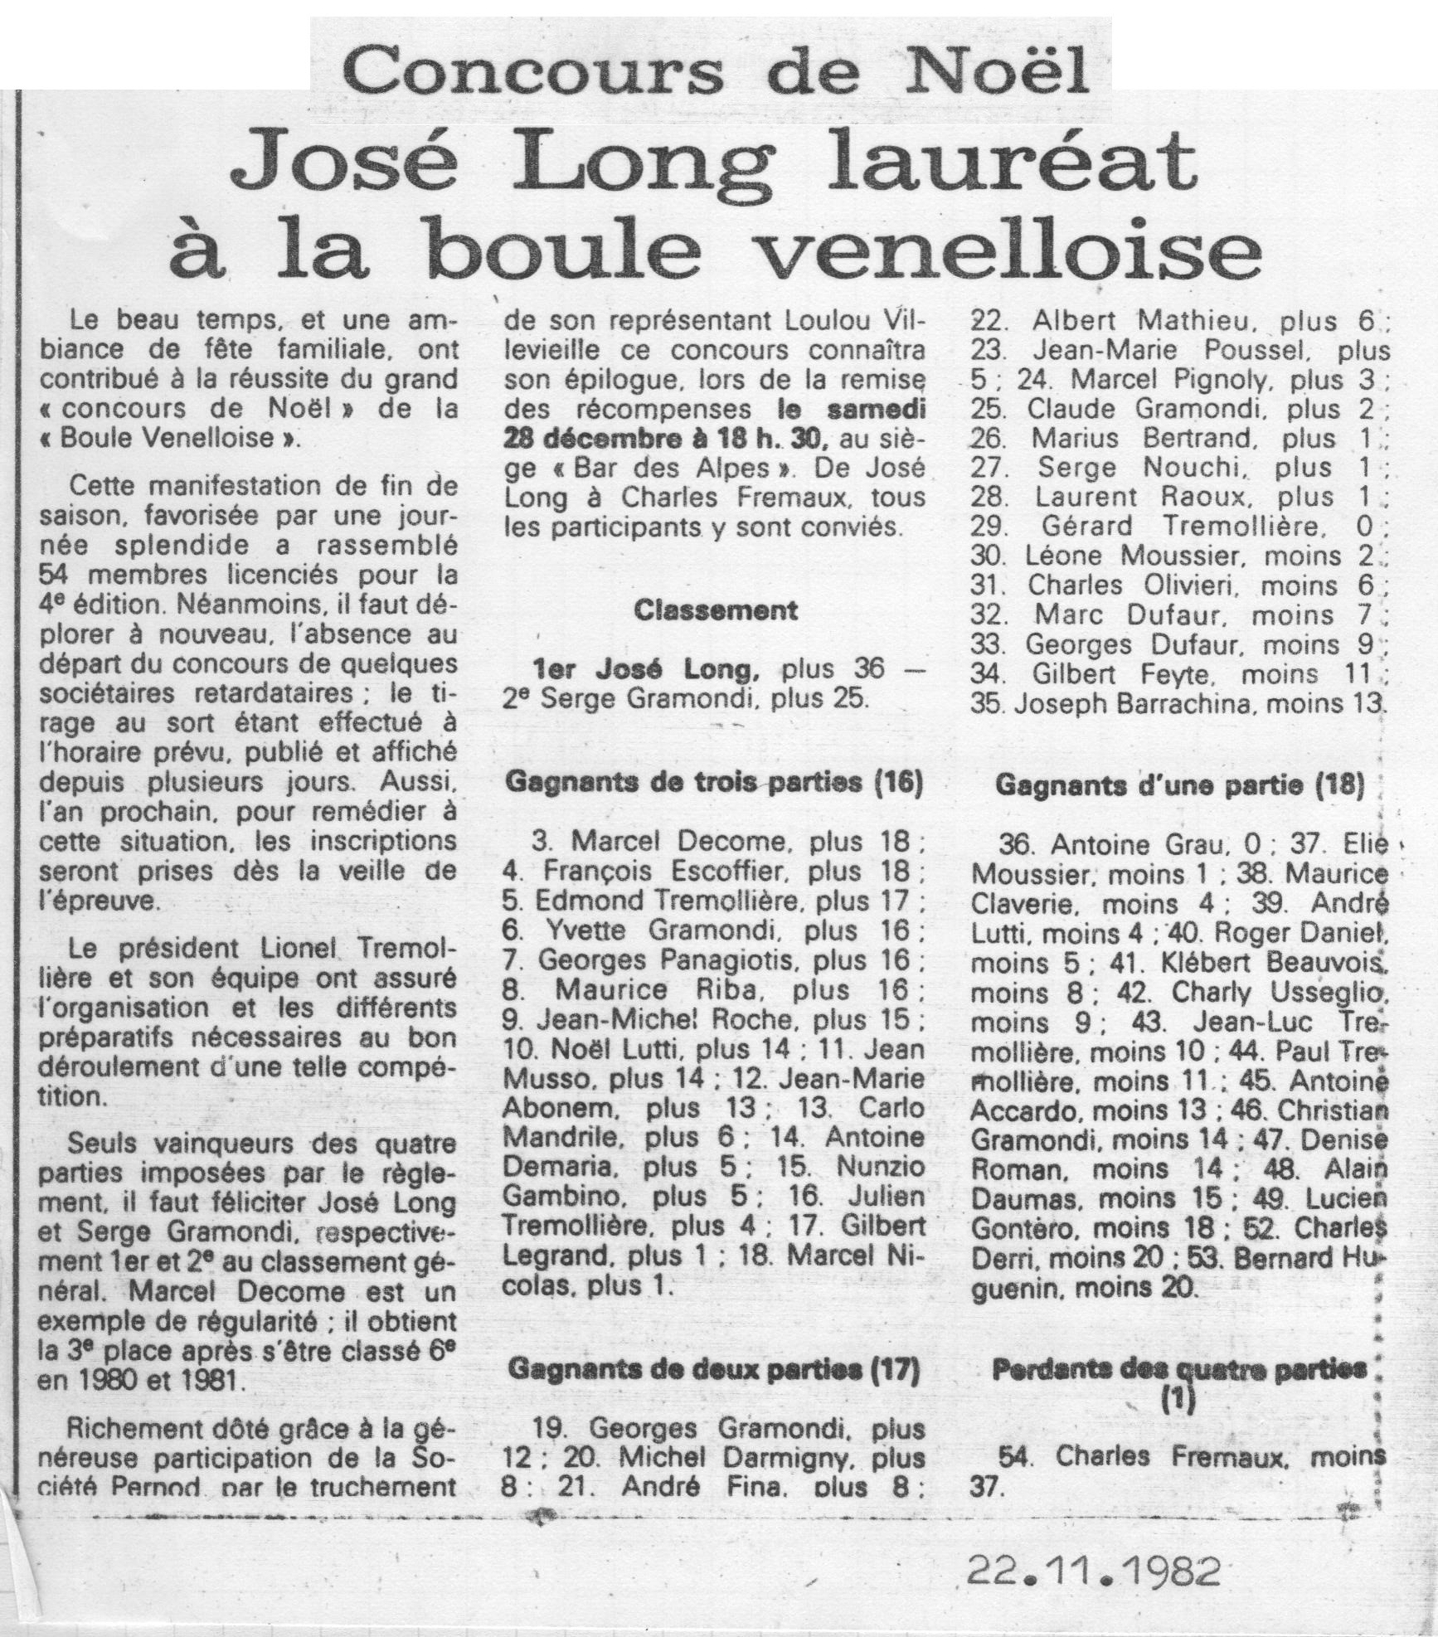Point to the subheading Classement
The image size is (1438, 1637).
coord(716,611)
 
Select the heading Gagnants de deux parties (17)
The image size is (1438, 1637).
coord(712,1371)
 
